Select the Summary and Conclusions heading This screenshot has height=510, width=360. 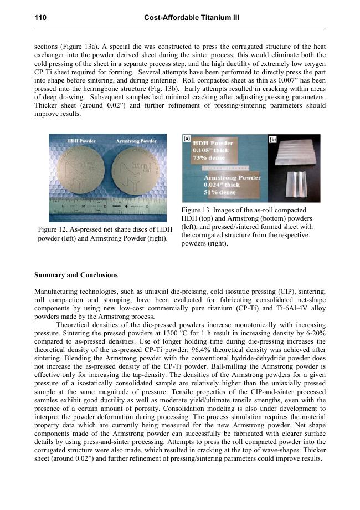(76, 275)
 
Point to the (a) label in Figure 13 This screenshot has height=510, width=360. (188, 141)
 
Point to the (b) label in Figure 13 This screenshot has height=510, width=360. (273, 140)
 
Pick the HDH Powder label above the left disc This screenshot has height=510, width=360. (82, 141)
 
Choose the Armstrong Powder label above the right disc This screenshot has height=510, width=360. (135, 141)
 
